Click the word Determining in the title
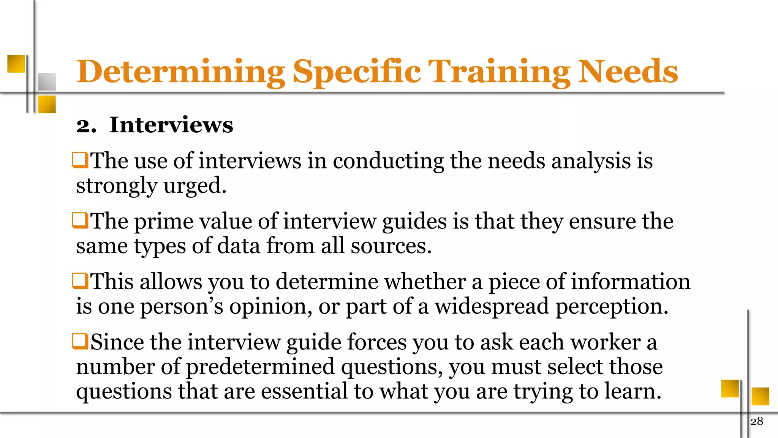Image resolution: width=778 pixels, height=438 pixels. pyautogui.click(x=180, y=71)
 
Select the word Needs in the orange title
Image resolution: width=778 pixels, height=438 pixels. pyautogui.click(x=628, y=71)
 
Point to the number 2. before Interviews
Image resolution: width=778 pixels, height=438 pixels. pyautogui.click(x=86, y=125)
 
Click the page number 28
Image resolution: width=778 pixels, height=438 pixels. pyautogui.click(x=757, y=421)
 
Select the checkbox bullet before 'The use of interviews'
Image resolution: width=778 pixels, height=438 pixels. pyautogui.click(x=80, y=160)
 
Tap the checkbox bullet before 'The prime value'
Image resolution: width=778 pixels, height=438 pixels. pyautogui.click(x=80, y=221)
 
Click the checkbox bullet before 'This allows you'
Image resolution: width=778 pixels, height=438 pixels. pyautogui.click(x=80, y=281)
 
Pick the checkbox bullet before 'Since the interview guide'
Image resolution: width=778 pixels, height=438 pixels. pyautogui.click(x=80, y=341)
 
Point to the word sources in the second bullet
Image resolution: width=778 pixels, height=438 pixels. pyautogui.click(x=391, y=246)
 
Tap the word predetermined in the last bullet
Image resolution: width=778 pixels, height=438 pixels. pyautogui.click(x=260, y=367)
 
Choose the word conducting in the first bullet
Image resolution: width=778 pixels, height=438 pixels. pyautogui.click(x=388, y=161)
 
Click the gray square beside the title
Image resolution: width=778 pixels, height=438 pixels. pyautogui.click(x=47, y=81)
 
